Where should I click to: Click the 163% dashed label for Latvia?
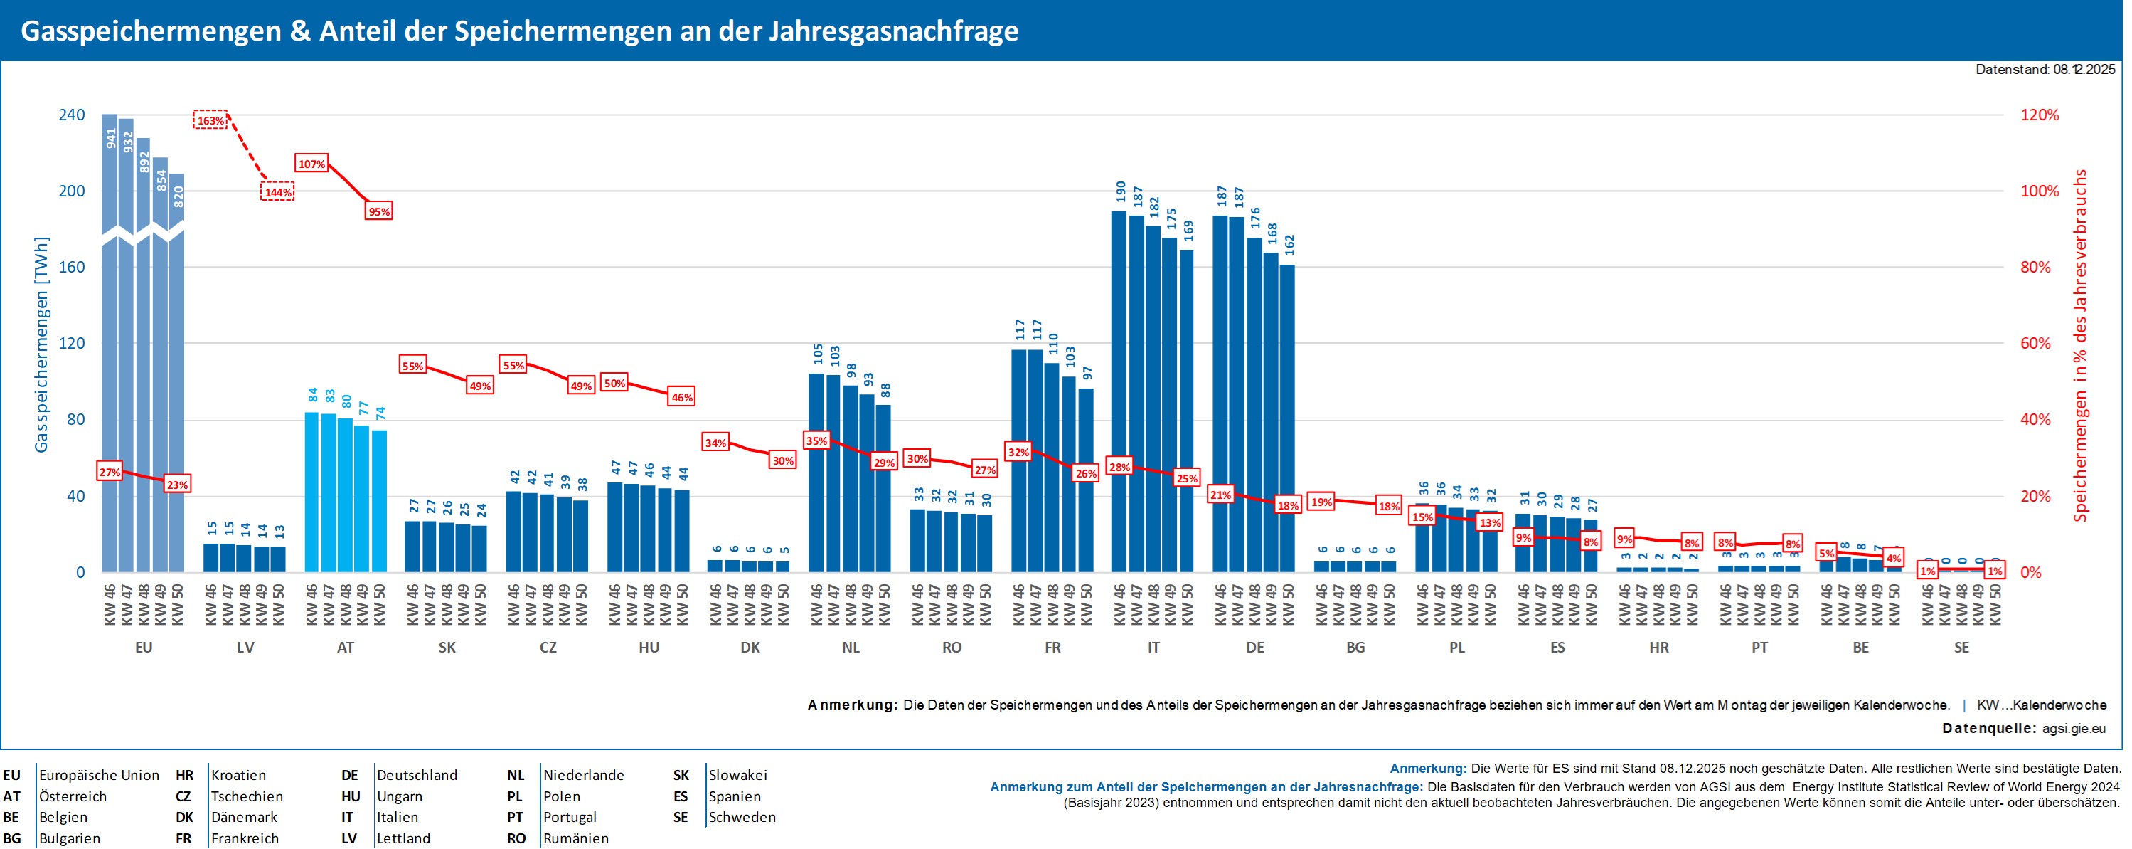click(x=210, y=120)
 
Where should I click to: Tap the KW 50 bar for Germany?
click(x=1288, y=418)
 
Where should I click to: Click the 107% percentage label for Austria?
click(x=311, y=164)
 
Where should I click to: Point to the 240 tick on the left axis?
click(x=71, y=115)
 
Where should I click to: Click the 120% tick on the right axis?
click(x=2040, y=115)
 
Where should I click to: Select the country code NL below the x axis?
click(x=851, y=648)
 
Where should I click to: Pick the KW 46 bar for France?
click(x=1019, y=460)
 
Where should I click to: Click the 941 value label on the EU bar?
click(x=111, y=138)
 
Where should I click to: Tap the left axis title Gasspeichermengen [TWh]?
click(x=41, y=344)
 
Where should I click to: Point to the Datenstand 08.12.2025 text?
click(x=2045, y=70)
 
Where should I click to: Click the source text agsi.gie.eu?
click(x=2073, y=729)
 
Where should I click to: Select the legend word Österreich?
click(x=73, y=797)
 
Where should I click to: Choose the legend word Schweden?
click(x=742, y=818)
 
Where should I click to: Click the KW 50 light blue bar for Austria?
click(x=379, y=501)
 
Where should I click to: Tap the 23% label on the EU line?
click(x=177, y=485)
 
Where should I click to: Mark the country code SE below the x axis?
click(x=1961, y=648)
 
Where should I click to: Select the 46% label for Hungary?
click(x=682, y=398)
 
